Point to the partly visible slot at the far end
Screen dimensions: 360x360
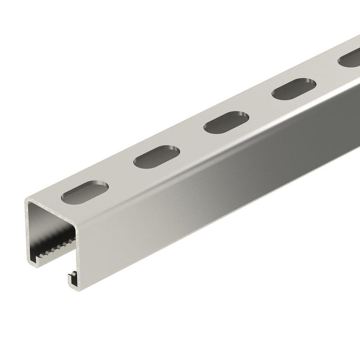tap(349, 60)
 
